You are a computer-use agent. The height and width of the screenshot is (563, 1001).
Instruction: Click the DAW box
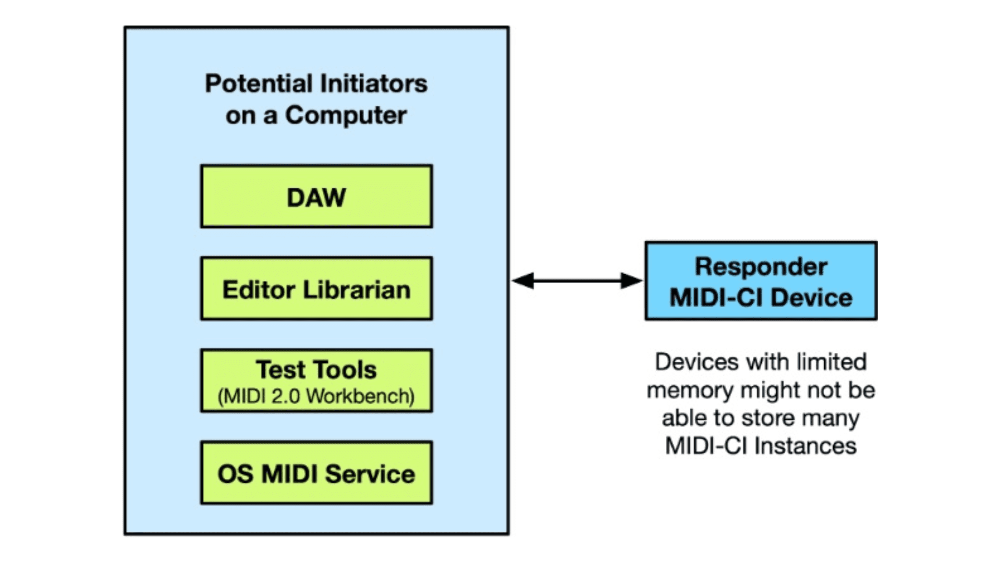(316, 197)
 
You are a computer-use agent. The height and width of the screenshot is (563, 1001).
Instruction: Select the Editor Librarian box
(316, 289)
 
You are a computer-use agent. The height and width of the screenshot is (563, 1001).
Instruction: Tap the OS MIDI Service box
(316, 473)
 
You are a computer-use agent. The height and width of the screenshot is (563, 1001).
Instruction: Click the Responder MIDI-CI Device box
(761, 281)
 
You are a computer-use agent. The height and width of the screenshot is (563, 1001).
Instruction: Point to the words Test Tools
(316, 370)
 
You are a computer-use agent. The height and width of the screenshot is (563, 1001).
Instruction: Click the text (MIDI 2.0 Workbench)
(316, 396)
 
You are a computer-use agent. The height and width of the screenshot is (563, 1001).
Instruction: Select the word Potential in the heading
(259, 83)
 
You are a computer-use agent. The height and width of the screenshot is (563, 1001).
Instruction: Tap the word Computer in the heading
(346, 115)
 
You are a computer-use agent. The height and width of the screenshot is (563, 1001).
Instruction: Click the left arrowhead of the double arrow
(523, 280)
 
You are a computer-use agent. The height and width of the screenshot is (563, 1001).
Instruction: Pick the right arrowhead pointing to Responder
(631, 280)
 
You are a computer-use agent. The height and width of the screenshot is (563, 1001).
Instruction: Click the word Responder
(761, 266)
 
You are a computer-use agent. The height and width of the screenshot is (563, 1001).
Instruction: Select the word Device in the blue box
(811, 298)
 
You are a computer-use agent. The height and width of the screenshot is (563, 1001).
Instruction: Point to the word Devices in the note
(697, 362)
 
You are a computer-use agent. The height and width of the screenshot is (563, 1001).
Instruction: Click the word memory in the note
(690, 390)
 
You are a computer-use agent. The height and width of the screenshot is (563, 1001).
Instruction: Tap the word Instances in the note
(805, 446)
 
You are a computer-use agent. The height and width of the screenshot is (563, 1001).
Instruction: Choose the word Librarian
(357, 289)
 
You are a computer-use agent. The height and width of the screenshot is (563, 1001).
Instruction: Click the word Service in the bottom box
(370, 474)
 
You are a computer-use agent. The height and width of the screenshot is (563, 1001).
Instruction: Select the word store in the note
(769, 418)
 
